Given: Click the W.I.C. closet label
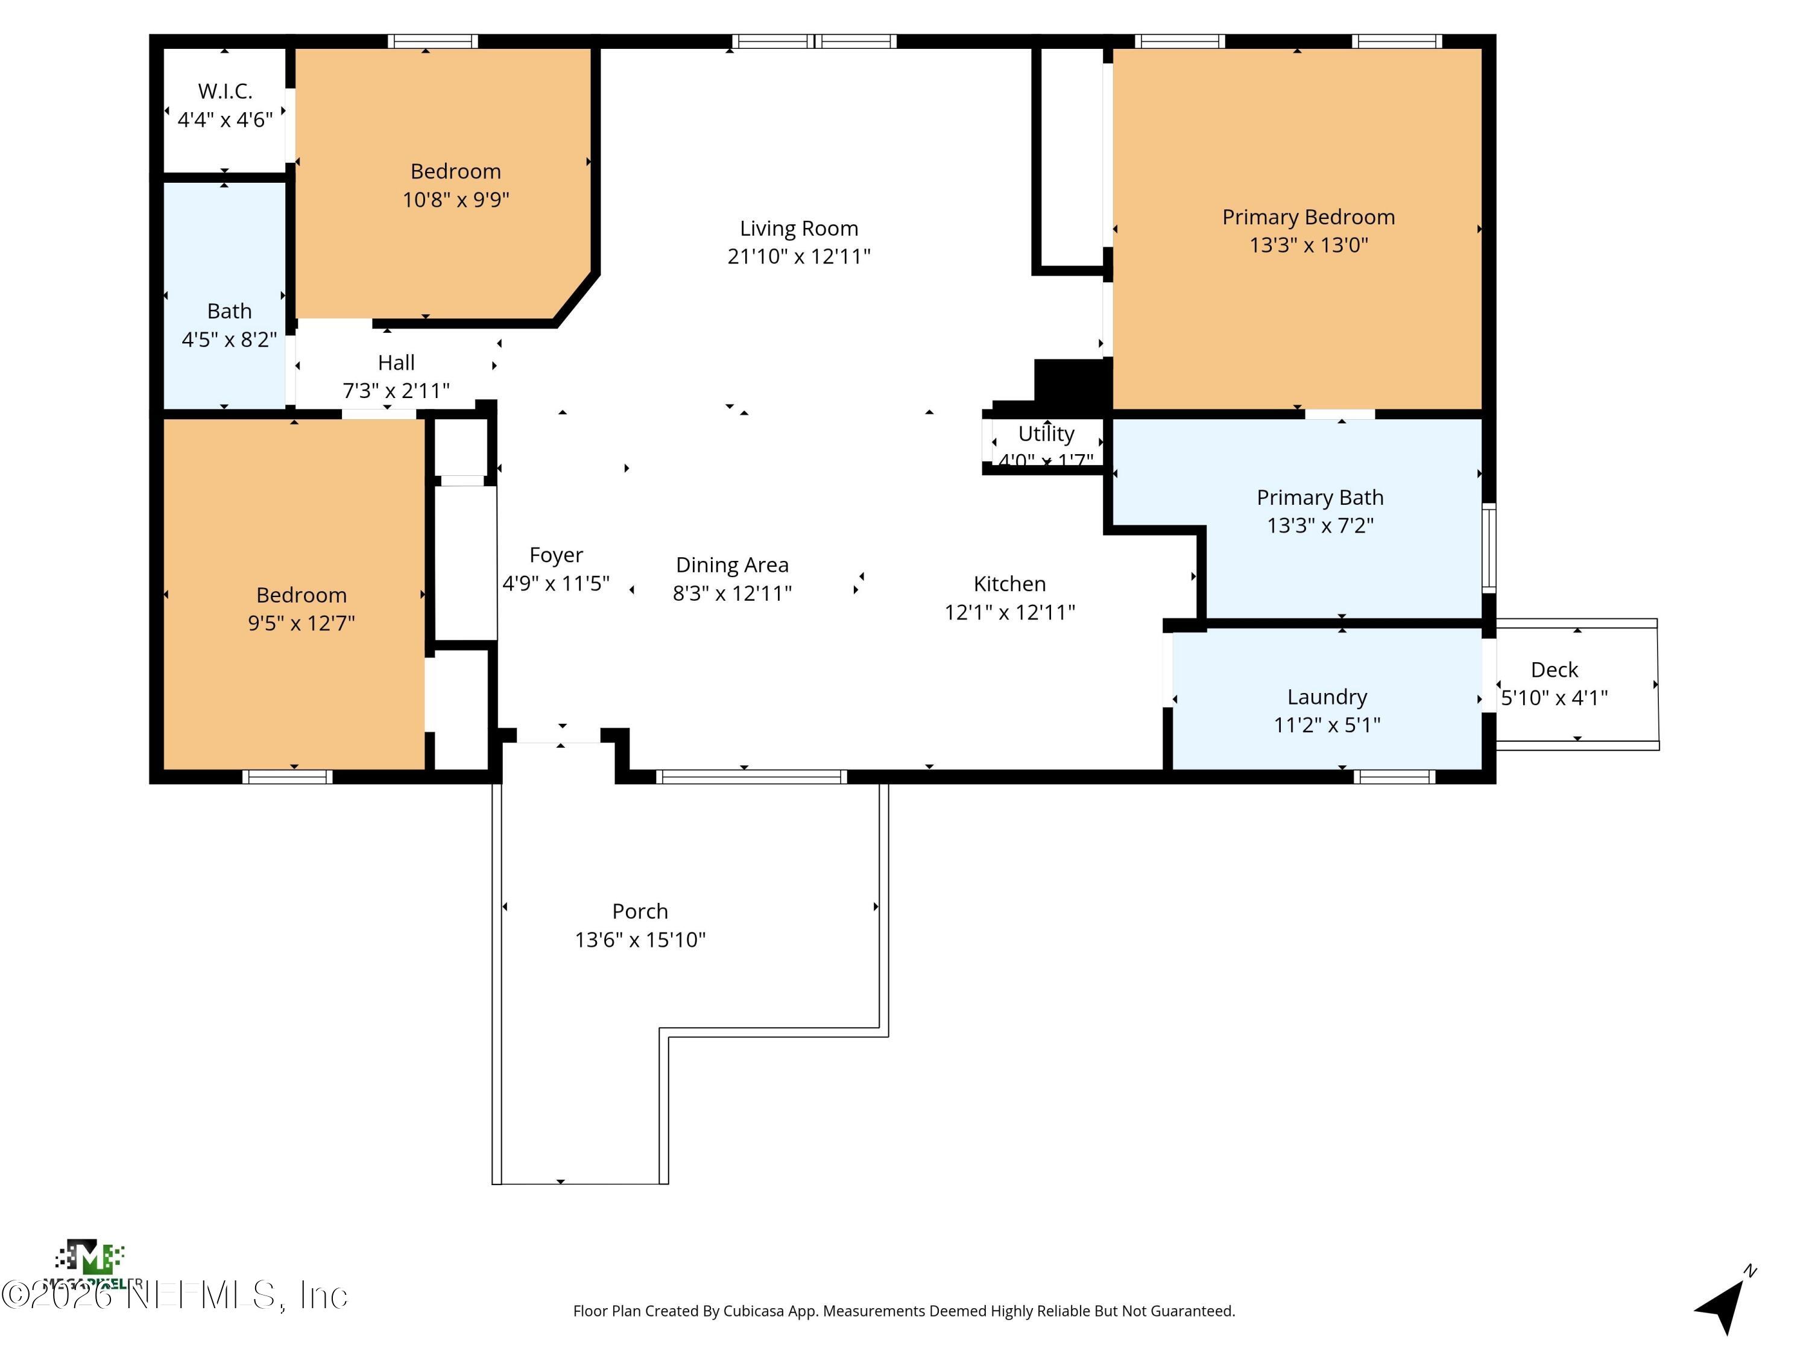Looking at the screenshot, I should [x=225, y=91].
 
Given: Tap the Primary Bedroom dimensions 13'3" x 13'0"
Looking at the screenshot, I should [x=1309, y=245].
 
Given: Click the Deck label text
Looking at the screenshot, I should [x=1554, y=670].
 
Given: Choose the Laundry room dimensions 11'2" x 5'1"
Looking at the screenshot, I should [x=1327, y=725].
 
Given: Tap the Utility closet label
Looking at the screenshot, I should [x=1046, y=434].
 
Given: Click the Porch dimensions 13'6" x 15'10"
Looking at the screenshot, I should [x=640, y=940].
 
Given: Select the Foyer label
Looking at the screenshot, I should [x=556, y=555].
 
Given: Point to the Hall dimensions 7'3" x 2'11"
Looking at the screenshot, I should [x=396, y=391].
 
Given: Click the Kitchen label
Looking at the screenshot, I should [x=1009, y=584].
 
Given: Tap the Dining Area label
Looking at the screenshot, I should [x=732, y=565].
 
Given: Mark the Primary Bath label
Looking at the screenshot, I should [x=1320, y=498].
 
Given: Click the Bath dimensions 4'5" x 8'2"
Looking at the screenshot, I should [x=229, y=340].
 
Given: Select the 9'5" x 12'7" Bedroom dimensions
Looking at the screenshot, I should [x=301, y=623].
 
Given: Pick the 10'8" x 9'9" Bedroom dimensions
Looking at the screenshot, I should [x=455, y=200].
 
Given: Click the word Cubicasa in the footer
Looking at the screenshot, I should [x=753, y=1311].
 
